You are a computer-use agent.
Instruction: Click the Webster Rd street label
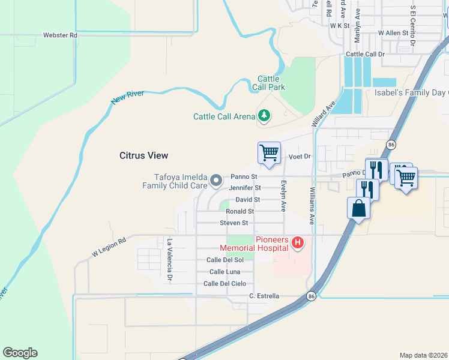coord(61,35)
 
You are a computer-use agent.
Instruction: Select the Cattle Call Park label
coord(271,83)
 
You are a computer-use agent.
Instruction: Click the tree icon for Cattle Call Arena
coord(264,115)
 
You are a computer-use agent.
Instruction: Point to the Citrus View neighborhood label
coord(143,155)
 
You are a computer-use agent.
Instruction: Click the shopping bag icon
coord(358,209)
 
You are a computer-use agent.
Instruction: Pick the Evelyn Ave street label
coord(283,196)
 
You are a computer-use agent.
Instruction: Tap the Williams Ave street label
coord(312,205)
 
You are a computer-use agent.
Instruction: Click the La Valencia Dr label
coord(169,260)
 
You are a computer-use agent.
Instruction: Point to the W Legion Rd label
coord(109,247)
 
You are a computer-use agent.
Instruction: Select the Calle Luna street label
coord(225,272)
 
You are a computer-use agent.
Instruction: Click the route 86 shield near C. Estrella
coord(311,296)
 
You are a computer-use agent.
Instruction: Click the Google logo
coord(20,353)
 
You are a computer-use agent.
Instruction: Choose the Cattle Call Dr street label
coord(365,54)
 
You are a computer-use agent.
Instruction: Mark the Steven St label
coord(234,223)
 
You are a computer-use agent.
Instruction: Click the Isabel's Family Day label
coord(411,93)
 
